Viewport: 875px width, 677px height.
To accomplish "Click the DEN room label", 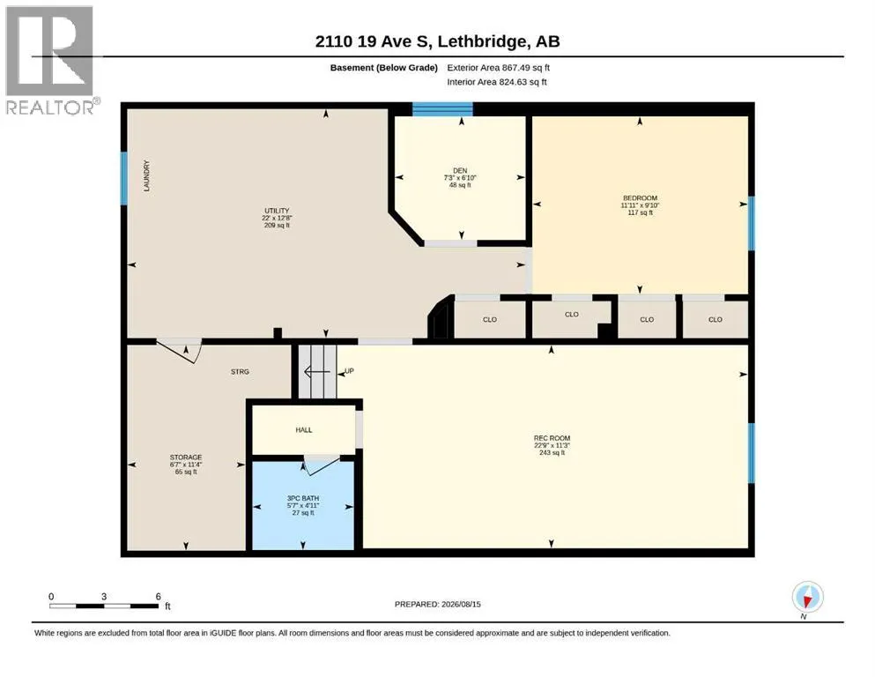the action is tap(460, 171).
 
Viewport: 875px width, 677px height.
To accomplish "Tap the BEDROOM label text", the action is tap(640, 198).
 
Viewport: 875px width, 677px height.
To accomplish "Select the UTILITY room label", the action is tap(277, 211).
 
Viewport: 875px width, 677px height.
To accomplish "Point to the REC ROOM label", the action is tap(552, 439).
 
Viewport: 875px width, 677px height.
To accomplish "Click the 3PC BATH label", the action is tap(303, 498).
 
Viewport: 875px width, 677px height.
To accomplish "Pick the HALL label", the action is tap(304, 430).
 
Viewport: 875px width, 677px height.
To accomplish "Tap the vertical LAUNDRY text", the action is tap(147, 175).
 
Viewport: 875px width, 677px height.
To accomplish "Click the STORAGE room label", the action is tap(186, 458).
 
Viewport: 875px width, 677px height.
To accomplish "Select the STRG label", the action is tap(240, 372).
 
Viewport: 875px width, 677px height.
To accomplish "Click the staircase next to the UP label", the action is tap(317, 371).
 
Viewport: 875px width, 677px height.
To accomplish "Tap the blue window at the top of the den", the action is tap(442, 108).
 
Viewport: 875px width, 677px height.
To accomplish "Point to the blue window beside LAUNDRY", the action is tap(124, 178).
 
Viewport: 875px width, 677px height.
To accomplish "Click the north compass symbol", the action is tap(807, 597).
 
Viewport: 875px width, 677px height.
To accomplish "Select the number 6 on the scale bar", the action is tap(159, 597).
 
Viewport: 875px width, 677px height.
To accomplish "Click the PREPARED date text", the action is tap(437, 604).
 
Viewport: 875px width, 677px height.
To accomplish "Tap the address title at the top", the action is tap(437, 41).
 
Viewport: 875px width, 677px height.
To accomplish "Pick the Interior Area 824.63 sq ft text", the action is tap(497, 82).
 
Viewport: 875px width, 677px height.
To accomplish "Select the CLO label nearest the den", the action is tap(489, 320).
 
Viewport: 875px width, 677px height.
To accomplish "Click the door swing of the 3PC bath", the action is tap(321, 465).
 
